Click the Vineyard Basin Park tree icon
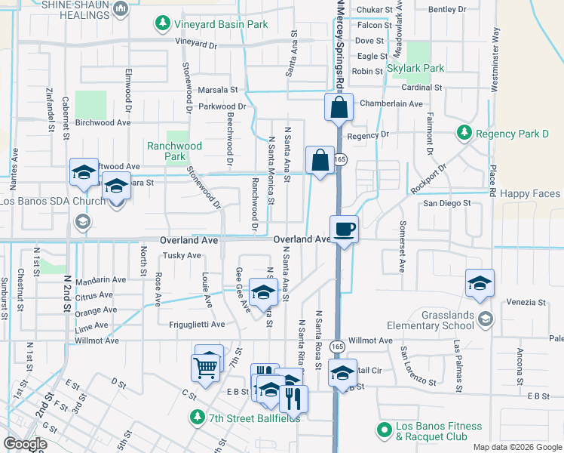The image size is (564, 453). (162, 24)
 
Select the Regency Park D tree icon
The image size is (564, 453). (464, 134)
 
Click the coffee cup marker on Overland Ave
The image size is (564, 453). (345, 229)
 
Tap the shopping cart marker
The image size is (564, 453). (206, 368)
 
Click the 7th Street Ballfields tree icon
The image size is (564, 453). (197, 417)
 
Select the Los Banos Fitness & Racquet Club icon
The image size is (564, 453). (383, 431)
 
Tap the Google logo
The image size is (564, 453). (25, 444)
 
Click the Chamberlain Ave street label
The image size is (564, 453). (391, 103)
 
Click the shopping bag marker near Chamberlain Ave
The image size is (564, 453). (339, 107)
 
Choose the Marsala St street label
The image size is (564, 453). (217, 89)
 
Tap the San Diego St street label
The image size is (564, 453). (446, 203)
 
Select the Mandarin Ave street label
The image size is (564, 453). (100, 279)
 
